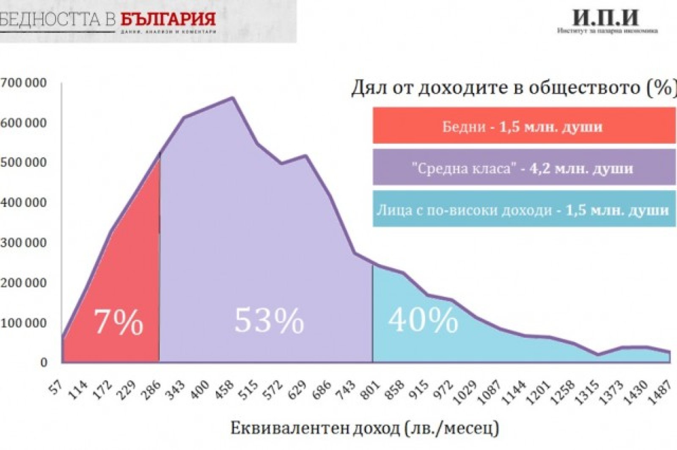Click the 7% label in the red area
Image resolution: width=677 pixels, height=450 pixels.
pyautogui.click(x=118, y=322)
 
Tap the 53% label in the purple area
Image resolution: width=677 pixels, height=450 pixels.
pyautogui.click(x=269, y=320)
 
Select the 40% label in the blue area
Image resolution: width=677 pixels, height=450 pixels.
pyautogui.click(x=423, y=319)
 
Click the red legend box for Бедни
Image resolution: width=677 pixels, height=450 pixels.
pyautogui.click(x=524, y=126)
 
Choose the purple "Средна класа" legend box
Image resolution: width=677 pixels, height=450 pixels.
pyautogui.click(x=524, y=167)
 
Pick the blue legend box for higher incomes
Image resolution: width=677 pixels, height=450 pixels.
pyautogui.click(x=524, y=209)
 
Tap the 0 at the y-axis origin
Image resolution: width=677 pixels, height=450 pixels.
pyautogui.click(x=44, y=363)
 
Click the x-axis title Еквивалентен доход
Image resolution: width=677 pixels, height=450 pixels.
pyautogui.click(x=365, y=428)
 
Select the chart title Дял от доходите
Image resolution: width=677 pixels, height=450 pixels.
pyautogui.click(x=513, y=88)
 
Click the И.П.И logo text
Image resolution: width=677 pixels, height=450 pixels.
pyautogui.click(x=606, y=18)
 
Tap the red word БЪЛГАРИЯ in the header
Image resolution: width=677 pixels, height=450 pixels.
pyautogui.click(x=168, y=19)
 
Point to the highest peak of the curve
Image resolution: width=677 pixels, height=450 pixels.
pyautogui.click(x=232, y=98)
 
